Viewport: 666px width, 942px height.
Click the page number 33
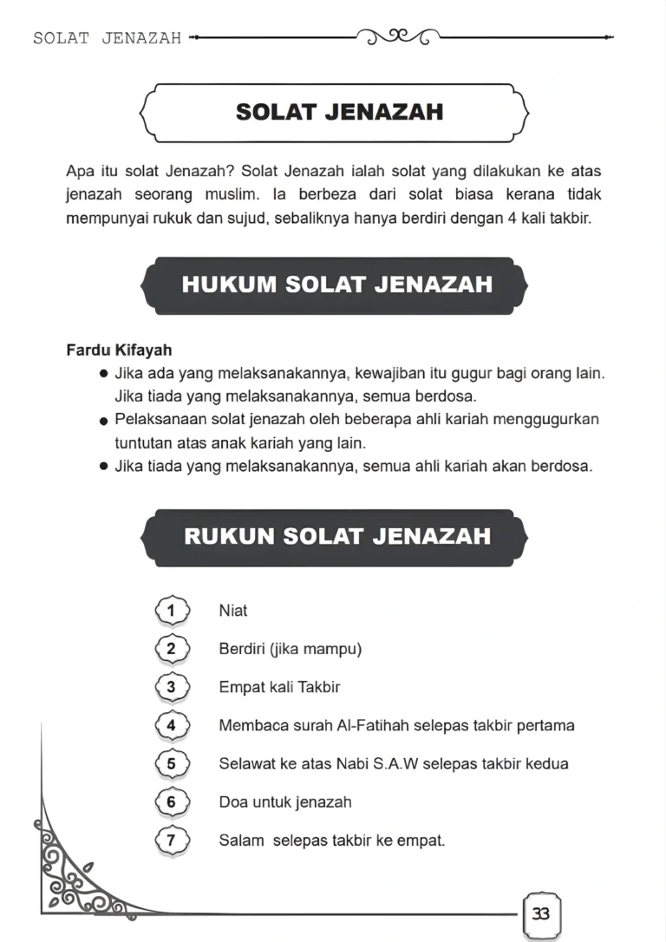point(541,913)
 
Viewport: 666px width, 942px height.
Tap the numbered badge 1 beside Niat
point(171,611)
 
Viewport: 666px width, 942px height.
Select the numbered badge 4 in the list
point(171,725)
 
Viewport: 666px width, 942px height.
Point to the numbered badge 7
point(171,840)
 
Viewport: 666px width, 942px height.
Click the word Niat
point(233,611)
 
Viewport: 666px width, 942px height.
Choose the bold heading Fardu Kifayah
point(119,350)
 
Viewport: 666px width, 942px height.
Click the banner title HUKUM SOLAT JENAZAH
point(337,285)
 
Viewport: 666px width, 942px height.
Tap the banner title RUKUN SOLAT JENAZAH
point(337,535)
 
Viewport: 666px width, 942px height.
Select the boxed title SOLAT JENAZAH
point(339,112)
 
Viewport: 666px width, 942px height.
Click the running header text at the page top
point(107,38)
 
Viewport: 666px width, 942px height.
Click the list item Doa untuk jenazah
point(285,802)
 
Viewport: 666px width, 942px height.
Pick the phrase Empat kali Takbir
point(279,687)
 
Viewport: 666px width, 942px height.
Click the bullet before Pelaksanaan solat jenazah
point(104,421)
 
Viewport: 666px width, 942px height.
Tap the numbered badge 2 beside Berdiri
point(171,649)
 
